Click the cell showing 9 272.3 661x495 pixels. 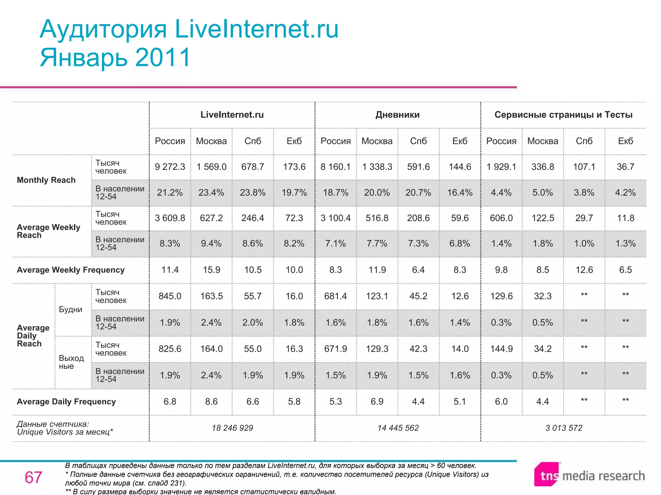[170, 167]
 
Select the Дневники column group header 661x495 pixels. [397, 115]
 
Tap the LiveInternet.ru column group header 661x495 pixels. [232, 115]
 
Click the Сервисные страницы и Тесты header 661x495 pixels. [563, 115]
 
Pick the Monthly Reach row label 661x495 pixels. [46, 180]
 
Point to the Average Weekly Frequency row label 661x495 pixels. [71, 270]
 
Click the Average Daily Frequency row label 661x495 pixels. [66, 402]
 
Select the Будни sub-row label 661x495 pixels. [70, 310]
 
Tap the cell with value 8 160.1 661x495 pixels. [335, 167]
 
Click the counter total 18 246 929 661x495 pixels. [232, 428]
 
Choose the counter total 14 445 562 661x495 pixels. [398, 428]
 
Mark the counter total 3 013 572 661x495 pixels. [564, 428]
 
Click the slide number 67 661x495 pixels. [33, 477]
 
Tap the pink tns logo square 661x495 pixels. [547, 474]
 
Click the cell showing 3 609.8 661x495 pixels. [170, 218]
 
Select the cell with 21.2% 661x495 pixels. [170, 193]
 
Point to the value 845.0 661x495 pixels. [170, 296]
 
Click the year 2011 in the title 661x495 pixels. [163, 57]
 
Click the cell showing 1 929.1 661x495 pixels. [501, 167]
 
